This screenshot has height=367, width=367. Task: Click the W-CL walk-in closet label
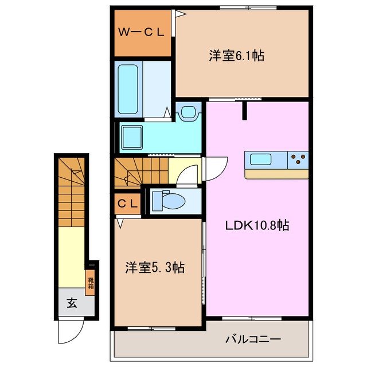click(x=141, y=33)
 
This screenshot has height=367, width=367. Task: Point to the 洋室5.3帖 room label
click(x=155, y=268)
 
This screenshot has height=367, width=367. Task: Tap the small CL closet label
click(x=127, y=203)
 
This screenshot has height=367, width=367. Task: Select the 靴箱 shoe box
click(x=91, y=282)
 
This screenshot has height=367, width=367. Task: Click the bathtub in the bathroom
click(x=130, y=89)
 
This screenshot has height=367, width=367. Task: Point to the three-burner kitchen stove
click(x=298, y=158)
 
